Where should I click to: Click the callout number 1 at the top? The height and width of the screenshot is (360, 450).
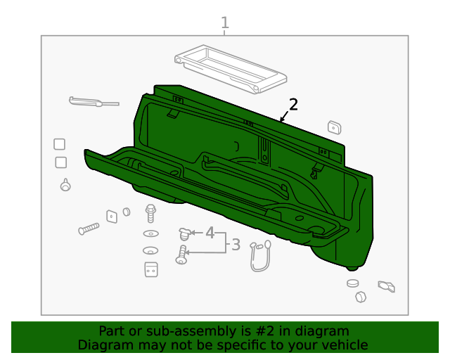[225, 23]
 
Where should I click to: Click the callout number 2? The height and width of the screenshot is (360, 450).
[293, 105]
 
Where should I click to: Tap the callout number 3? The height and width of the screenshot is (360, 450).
[236, 245]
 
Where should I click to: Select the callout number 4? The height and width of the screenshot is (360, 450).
[210, 233]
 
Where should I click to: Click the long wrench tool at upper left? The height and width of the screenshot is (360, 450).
[94, 102]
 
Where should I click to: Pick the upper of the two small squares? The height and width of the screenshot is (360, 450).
[60, 144]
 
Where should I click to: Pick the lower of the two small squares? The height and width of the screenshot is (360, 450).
[61, 162]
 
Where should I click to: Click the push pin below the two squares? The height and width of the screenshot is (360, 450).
[65, 186]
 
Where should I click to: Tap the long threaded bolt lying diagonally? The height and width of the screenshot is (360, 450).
[89, 229]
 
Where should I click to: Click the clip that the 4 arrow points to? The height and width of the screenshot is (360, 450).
[184, 232]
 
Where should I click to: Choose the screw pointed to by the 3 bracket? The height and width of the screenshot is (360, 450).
[183, 254]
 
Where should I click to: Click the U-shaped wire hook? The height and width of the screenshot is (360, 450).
[260, 256]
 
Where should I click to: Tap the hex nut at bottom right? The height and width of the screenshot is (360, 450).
[360, 297]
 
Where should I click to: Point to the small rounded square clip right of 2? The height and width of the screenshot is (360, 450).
[334, 127]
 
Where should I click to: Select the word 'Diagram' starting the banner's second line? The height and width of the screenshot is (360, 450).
[102, 345]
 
